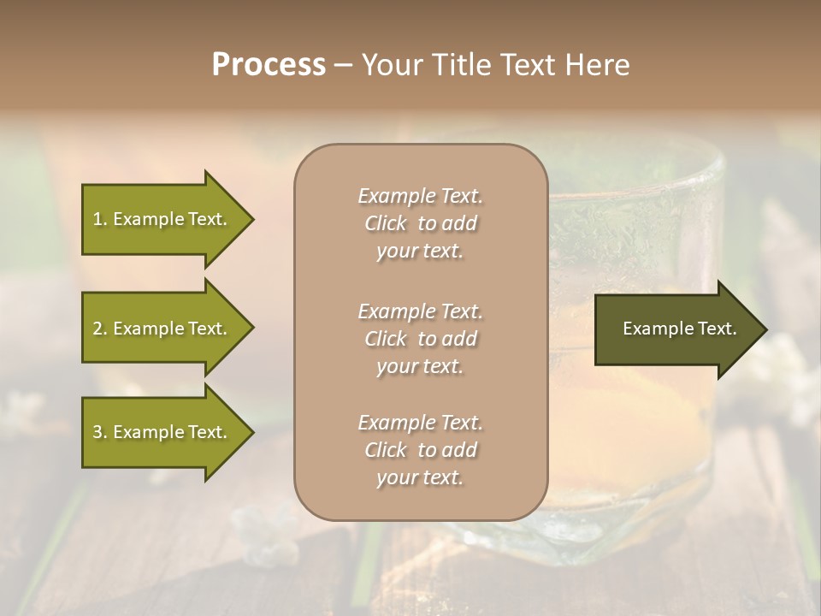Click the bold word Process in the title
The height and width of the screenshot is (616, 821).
point(269,65)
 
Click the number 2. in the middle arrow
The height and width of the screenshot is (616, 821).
point(100,329)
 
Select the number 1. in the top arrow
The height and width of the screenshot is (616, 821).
point(100,219)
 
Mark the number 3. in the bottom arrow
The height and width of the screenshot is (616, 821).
point(100,432)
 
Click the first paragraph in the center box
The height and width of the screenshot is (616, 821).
point(420,223)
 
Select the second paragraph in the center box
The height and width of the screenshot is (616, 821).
point(420,339)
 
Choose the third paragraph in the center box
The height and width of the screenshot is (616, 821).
point(420,450)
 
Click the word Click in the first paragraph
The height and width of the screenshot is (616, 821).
point(386,223)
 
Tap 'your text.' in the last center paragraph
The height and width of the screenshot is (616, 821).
point(420,477)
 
